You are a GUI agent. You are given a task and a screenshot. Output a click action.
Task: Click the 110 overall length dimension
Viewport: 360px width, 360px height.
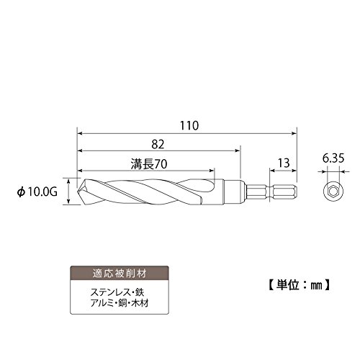(x=189, y=126)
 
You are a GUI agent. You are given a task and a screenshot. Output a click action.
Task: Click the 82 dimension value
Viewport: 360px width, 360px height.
(x=158, y=145)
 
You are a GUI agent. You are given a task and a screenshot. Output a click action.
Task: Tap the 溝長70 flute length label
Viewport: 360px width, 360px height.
(x=149, y=164)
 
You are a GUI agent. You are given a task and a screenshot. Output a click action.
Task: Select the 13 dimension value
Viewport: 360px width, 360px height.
(x=284, y=163)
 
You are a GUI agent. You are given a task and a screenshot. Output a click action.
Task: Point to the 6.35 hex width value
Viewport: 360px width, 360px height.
(x=333, y=158)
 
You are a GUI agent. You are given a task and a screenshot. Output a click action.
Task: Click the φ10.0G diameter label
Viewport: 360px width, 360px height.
(x=37, y=192)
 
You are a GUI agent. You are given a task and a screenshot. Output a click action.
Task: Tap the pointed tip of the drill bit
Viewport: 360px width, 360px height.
(x=78, y=192)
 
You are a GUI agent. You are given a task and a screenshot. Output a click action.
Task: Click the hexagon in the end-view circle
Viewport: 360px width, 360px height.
(x=333, y=192)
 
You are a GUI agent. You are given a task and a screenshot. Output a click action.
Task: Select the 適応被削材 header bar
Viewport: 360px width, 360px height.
(x=120, y=273)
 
